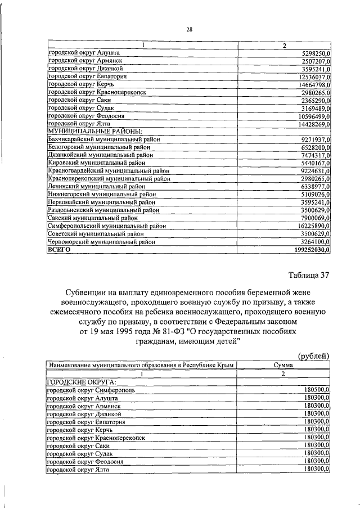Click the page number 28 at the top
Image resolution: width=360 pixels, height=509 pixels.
tap(190, 30)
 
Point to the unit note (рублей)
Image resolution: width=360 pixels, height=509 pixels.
tap(313, 356)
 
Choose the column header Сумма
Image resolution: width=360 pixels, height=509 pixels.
tap(283, 366)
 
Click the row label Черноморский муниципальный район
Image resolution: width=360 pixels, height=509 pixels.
tap(101, 242)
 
